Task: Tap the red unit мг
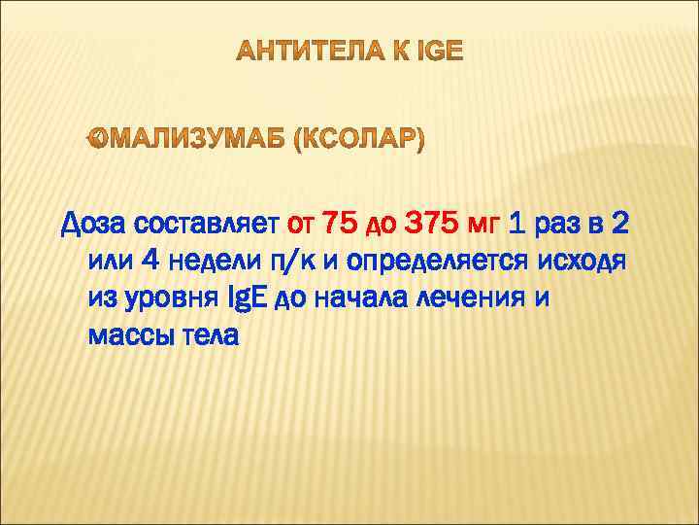point(483,225)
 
